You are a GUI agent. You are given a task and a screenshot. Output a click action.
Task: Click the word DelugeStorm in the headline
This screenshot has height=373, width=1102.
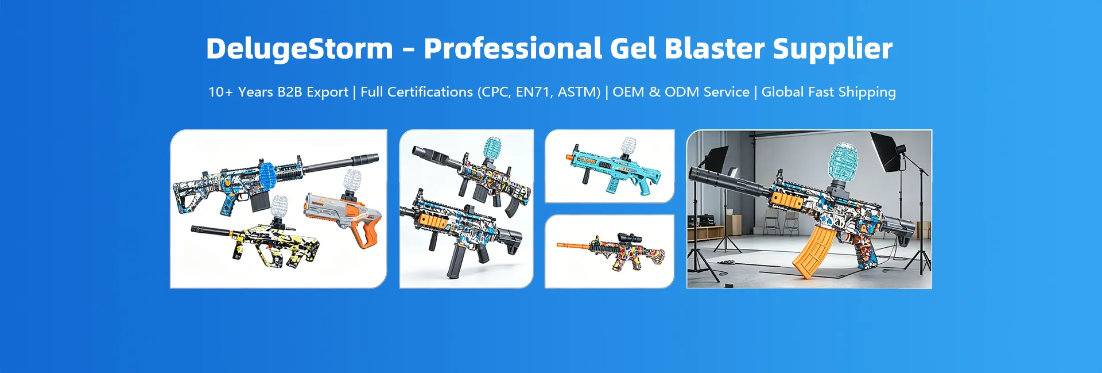point(299,49)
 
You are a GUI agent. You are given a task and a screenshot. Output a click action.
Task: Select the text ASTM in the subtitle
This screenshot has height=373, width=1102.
point(579,92)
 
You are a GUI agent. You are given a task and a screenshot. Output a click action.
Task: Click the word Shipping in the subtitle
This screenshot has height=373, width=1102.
point(867,92)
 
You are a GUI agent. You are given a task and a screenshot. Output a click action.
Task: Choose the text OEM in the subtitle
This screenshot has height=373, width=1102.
point(628,92)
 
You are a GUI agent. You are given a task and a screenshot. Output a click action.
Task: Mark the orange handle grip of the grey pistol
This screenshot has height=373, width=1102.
point(364,233)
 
